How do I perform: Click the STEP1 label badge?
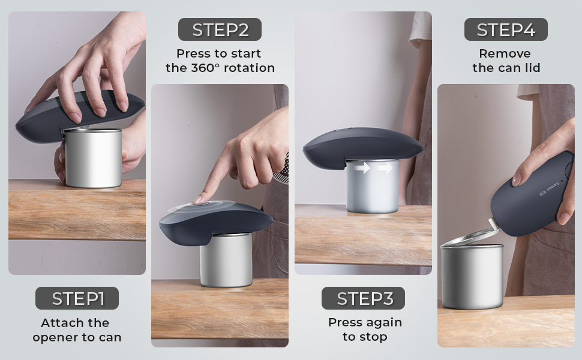coord(77,298)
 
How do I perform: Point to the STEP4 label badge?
coord(506,29)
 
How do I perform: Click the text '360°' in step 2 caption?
coord(208,68)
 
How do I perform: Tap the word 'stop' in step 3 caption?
coord(373,337)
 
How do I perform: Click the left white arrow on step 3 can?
coord(361,169)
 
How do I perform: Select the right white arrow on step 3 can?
coord(385,169)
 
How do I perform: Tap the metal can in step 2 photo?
coord(226,261)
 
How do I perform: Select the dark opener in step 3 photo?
coord(362,146)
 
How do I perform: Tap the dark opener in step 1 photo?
coord(78,114)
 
